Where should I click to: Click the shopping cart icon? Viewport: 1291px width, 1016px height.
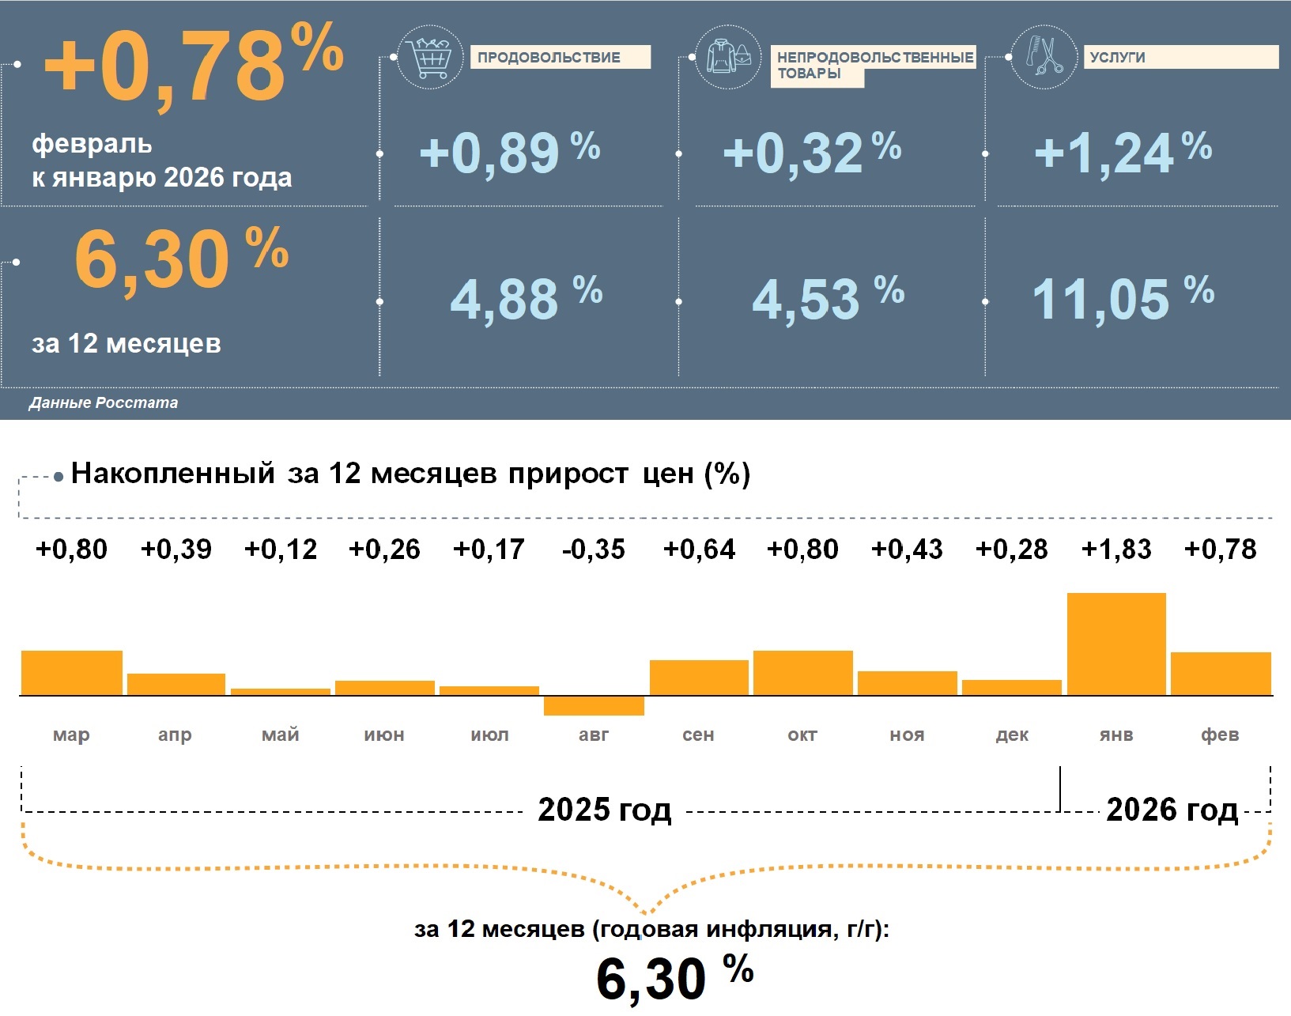[x=430, y=56]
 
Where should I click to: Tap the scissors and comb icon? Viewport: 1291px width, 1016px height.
[x=1044, y=56]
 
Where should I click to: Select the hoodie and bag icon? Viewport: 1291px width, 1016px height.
[x=727, y=56]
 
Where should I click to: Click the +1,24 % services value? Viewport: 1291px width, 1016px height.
[x=1123, y=152]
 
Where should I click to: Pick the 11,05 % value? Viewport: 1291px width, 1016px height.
[x=1123, y=298]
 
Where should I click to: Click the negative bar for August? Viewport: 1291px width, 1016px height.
[x=594, y=705]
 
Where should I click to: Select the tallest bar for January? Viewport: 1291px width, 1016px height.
[x=1116, y=644]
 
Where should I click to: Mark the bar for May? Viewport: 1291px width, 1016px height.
[x=281, y=692]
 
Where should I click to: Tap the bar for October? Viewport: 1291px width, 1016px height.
[x=802, y=673]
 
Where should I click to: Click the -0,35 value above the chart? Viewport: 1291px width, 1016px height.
[x=594, y=549]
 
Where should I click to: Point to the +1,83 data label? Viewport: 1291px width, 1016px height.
[x=1116, y=549]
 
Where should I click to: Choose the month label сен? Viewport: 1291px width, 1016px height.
[x=698, y=735]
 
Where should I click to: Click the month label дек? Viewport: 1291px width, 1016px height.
[x=1012, y=735]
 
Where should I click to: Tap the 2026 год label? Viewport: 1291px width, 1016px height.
[x=1172, y=810]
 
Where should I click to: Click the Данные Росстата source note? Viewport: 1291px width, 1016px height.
[x=104, y=402]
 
